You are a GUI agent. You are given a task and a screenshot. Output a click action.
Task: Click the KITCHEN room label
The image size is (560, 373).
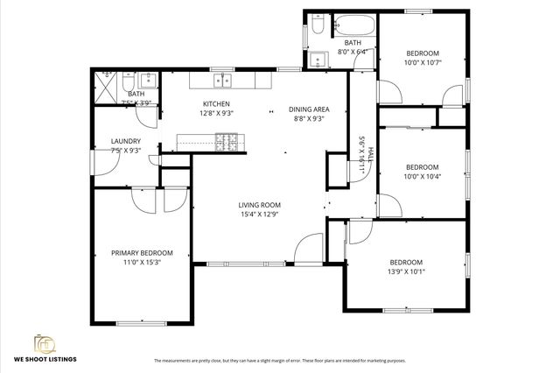coord(216,103)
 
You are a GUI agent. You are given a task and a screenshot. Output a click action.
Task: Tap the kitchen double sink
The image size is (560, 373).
coord(223,81)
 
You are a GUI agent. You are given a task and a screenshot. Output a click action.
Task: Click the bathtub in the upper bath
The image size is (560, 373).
coord(353,25)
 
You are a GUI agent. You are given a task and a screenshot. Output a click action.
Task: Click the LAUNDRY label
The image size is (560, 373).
coord(125,141)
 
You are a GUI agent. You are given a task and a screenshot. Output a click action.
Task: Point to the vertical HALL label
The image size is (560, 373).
coord(371,154)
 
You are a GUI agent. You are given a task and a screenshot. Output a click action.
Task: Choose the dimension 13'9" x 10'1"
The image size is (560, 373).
coord(405,271)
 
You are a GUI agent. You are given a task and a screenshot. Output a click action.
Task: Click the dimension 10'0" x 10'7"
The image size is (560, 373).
coord(422,62)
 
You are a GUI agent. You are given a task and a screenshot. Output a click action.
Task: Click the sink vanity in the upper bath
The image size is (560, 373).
coord(317,60)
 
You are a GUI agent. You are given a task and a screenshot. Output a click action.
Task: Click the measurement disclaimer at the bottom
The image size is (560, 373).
coord(280,361)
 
